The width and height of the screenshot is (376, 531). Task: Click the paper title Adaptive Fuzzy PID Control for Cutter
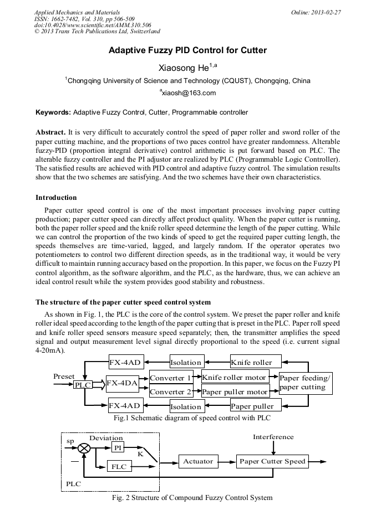[187, 50]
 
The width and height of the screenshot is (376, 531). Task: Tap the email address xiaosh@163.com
[188, 93]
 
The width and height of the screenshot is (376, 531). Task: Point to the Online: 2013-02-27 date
[319, 12]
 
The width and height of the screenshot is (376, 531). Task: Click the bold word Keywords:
[53, 112]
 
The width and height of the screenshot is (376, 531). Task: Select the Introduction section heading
[56, 198]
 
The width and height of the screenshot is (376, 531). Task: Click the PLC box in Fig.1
[83, 385]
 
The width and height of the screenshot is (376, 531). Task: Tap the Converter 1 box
[171, 378]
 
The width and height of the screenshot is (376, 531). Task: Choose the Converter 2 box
[171, 391]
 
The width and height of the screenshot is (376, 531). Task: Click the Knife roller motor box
[234, 378]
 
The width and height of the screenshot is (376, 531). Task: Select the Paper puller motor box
[235, 391]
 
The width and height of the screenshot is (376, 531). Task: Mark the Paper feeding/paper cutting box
[305, 383]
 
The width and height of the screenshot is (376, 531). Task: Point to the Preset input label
[64, 376]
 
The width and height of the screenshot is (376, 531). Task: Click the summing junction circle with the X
[84, 447]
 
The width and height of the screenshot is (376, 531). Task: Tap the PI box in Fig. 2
[118, 447]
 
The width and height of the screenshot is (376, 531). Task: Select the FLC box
[119, 467]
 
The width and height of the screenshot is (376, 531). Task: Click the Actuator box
[198, 461]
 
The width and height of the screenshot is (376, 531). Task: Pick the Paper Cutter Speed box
[272, 461]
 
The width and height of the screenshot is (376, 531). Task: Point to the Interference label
[273, 437]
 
